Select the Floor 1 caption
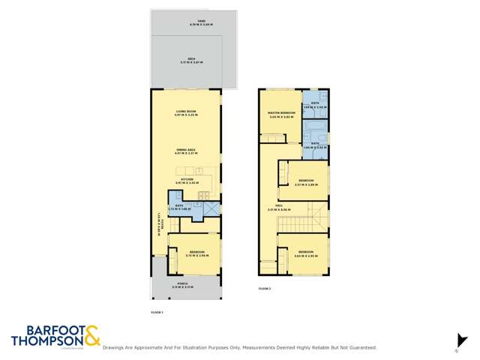[157, 311]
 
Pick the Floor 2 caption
[264, 288]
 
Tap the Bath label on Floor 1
[180, 206]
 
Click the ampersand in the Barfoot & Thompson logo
[91, 335]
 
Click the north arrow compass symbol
[460, 340]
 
